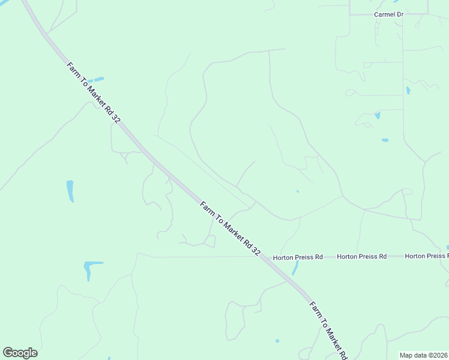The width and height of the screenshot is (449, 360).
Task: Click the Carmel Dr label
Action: click(x=388, y=14)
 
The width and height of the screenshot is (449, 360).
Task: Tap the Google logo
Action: click(x=20, y=353)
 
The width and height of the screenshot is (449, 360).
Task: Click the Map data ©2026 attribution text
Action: click(x=424, y=355)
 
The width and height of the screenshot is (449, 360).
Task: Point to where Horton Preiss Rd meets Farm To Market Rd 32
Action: click(x=265, y=257)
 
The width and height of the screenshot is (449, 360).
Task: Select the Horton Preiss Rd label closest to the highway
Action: click(x=298, y=257)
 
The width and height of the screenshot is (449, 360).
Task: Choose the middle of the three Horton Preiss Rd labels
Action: click(x=361, y=256)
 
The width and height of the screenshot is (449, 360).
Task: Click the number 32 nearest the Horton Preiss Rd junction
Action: click(x=256, y=250)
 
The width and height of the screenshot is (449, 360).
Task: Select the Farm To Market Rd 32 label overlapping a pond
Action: click(x=93, y=92)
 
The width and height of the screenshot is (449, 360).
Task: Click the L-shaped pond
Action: click(x=91, y=268)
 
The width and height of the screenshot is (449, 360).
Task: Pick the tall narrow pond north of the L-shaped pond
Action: click(x=70, y=191)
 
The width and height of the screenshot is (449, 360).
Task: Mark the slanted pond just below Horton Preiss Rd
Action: click(x=295, y=268)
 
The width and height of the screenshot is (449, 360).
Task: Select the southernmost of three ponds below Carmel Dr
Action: click(x=385, y=140)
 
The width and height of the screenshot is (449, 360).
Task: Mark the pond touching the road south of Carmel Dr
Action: click(x=408, y=91)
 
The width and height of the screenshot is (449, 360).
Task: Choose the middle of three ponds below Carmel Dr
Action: click(x=378, y=115)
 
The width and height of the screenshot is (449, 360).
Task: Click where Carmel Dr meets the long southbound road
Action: click(x=403, y=14)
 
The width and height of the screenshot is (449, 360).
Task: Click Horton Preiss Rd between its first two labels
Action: click(x=330, y=256)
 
